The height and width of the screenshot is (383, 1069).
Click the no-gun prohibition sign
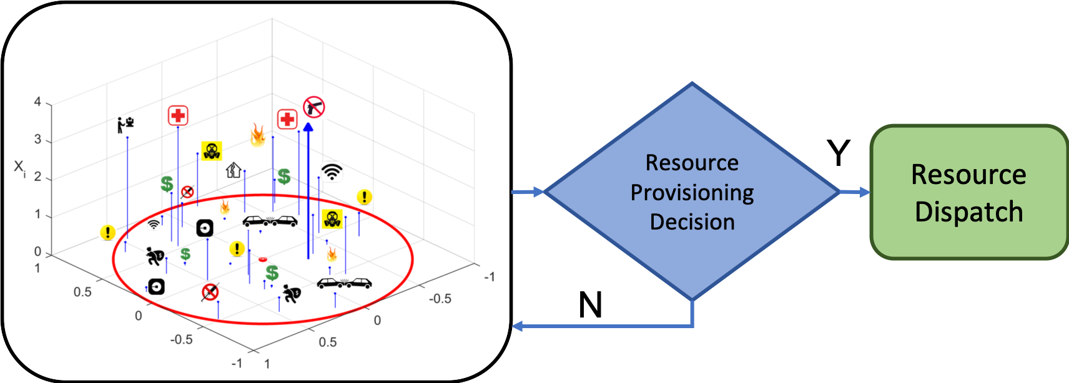(314, 107)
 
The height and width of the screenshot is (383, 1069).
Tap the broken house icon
(234, 169)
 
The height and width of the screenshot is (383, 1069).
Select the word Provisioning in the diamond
(692, 192)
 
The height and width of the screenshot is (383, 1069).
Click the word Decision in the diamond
(692, 222)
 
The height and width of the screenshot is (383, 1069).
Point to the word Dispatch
(968, 212)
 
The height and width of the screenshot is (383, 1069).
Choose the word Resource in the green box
(968, 175)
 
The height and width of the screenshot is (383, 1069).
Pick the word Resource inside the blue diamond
(692, 163)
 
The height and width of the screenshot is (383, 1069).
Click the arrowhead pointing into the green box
(864, 192)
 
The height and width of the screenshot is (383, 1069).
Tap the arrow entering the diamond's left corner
(537, 192)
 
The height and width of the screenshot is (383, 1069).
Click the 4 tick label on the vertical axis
(38, 102)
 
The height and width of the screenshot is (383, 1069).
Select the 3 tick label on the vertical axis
(38, 140)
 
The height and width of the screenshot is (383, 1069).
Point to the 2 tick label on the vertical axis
(38, 177)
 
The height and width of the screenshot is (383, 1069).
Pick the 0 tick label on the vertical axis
(38, 251)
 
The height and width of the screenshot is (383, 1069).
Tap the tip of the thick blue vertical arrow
(308, 127)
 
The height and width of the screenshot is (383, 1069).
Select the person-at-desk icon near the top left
(126, 124)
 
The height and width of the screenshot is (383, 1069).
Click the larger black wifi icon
(332, 172)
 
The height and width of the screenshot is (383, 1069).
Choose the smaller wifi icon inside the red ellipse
(154, 224)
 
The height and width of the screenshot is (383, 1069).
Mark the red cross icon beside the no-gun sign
(287, 119)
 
